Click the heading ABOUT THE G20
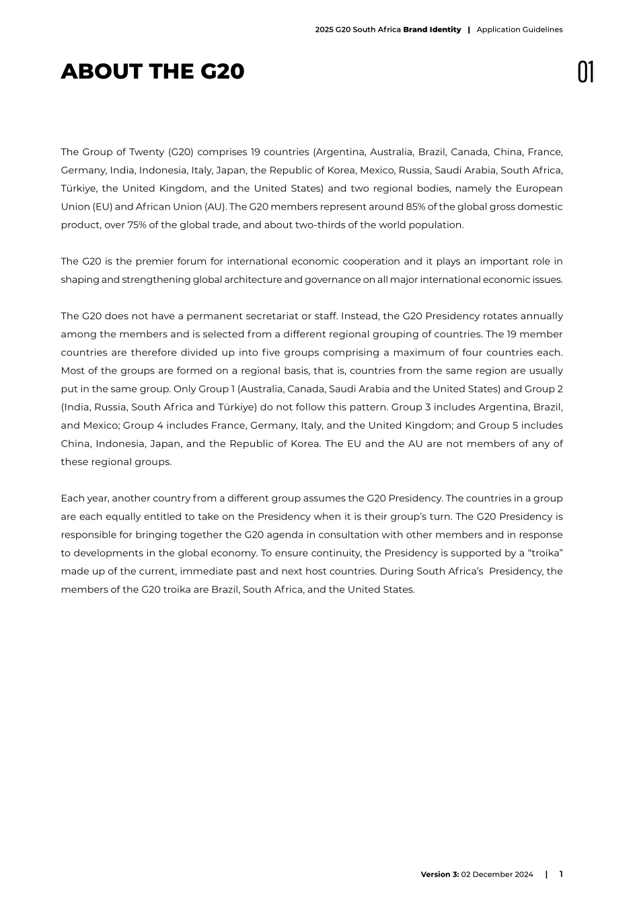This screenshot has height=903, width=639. coord(153,71)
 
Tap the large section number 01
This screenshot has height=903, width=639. coord(585,72)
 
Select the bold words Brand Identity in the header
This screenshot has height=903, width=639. coord(432,30)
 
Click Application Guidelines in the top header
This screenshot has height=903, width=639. coord(519,30)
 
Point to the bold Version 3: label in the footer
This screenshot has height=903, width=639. coord(440,874)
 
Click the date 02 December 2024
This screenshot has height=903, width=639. coord(497,874)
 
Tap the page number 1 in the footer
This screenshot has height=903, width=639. coord(561,874)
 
